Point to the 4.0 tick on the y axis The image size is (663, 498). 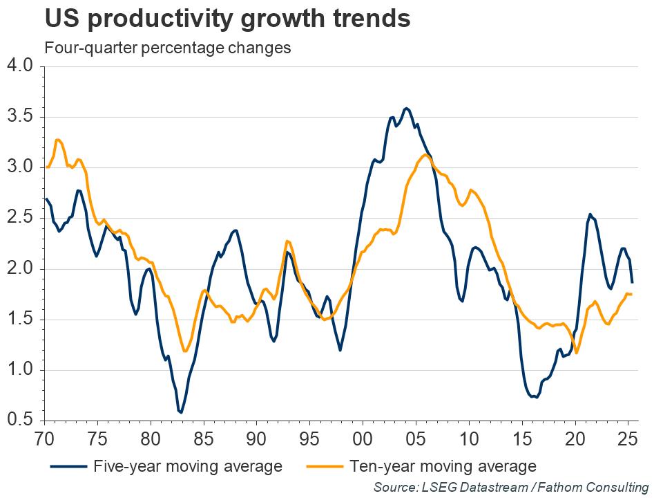[19, 66]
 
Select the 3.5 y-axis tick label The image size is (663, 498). [19, 116]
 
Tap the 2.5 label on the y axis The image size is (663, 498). [19, 218]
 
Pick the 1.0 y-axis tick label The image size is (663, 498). [19, 370]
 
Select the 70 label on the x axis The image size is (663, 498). [44, 439]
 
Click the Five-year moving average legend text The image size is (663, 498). [188, 466]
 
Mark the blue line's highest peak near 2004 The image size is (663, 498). [407, 108]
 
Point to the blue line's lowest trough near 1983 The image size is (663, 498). [181, 413]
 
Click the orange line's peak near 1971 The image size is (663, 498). [58, 140]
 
